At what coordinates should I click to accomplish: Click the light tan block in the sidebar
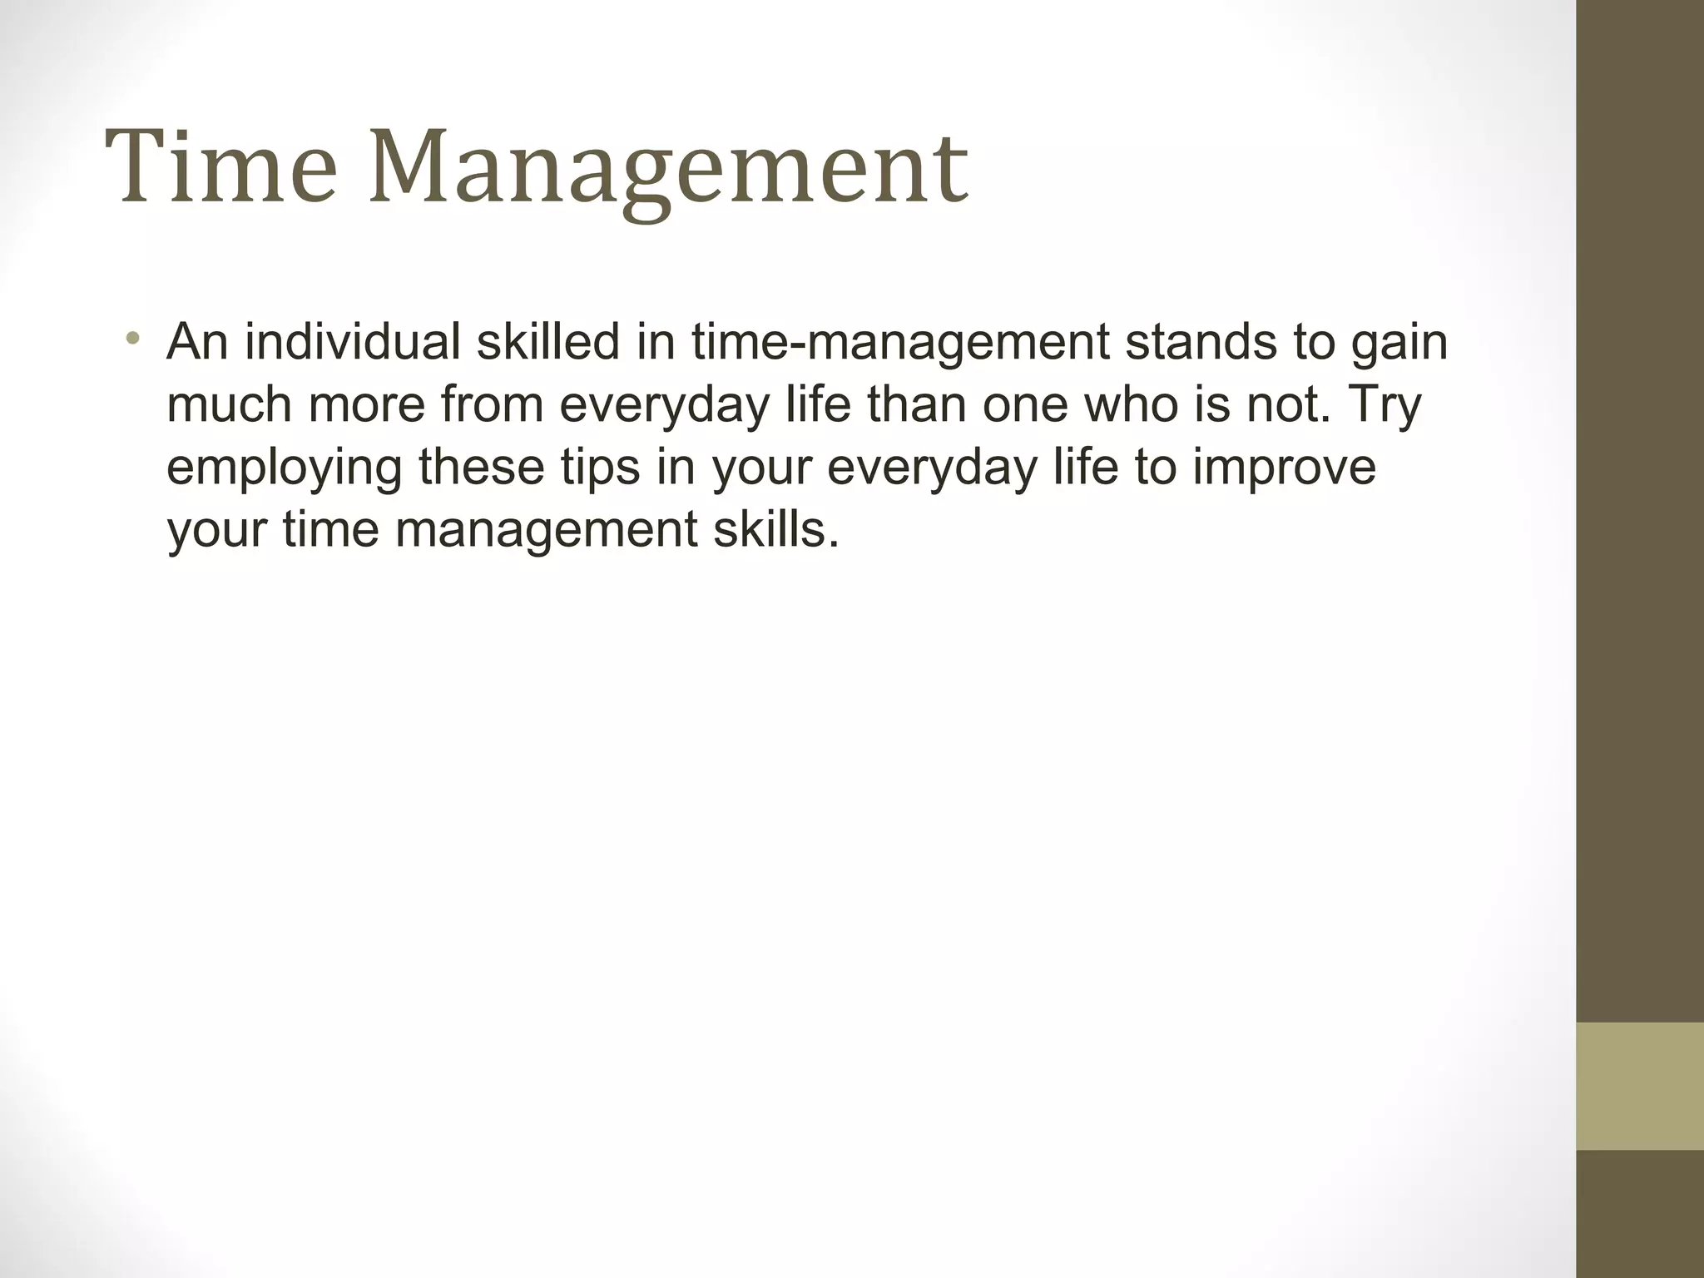1640,1086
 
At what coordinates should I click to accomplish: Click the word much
229,404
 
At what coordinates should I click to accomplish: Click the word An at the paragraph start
197,341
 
